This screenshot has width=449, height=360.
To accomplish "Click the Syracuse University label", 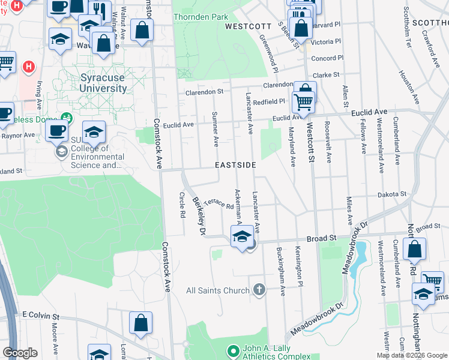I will (x=103, y=83).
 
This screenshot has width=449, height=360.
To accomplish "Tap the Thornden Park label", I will (x=200, y=17).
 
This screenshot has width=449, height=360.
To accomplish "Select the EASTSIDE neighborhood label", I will (x=237, y=165).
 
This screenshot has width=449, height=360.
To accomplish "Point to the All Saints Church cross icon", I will (x=259, y=290).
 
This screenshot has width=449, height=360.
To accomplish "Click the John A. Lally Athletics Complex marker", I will (x=233, y=350).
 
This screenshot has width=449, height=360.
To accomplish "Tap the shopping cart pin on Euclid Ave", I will (x=304, y=100).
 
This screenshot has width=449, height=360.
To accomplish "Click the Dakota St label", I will (x=392, y=194).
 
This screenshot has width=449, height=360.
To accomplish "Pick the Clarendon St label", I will (x=204, y=92).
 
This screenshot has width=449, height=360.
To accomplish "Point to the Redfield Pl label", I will (x=268, y=102).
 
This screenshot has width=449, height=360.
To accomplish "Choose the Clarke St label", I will (x=327, y=75).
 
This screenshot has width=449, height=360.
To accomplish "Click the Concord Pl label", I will (x=327, y=58).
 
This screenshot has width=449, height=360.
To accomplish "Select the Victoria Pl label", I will (x=326, y=42).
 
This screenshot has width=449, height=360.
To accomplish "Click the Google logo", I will (x=20, y=353).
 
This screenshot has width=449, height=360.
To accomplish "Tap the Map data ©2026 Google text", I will (x=411, y=355).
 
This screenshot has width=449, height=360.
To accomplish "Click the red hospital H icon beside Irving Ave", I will (x=28, y=66).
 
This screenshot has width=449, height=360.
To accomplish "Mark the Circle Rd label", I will (x=182, y=204).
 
